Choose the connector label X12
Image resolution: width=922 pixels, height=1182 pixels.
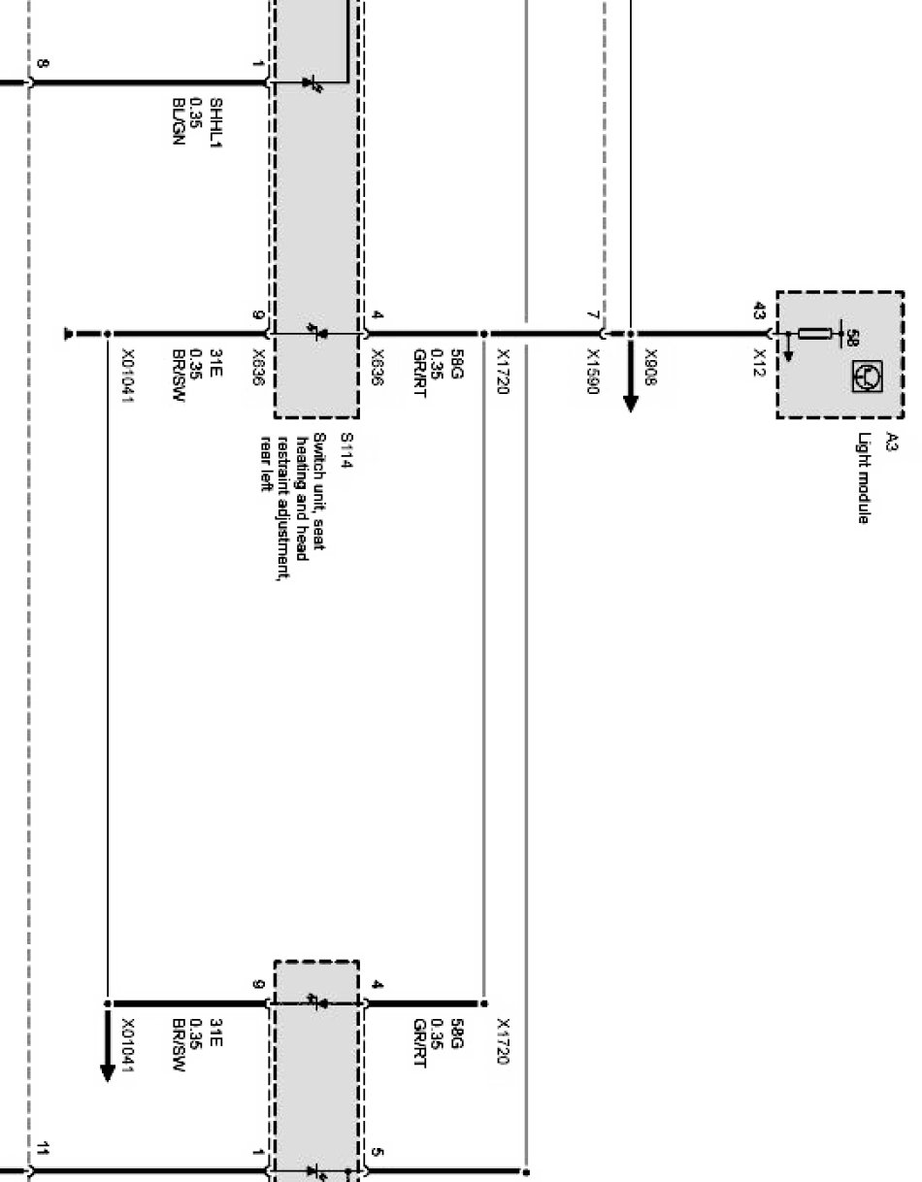coord(758,359)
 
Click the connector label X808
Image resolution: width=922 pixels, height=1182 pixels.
coord(650,362)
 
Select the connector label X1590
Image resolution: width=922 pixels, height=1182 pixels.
coord(591,368)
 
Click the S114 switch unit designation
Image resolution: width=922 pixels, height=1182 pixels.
coord(345,449)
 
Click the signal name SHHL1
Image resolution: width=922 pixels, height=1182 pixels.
coord(215,114)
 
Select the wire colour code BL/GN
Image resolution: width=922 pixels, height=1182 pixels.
coord(177,114)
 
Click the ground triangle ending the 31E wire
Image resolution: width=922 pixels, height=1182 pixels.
coord(69,335)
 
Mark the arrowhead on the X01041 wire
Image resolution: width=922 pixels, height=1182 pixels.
coord(107,1068)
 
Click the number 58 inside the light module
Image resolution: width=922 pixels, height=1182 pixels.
coord(853,336)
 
